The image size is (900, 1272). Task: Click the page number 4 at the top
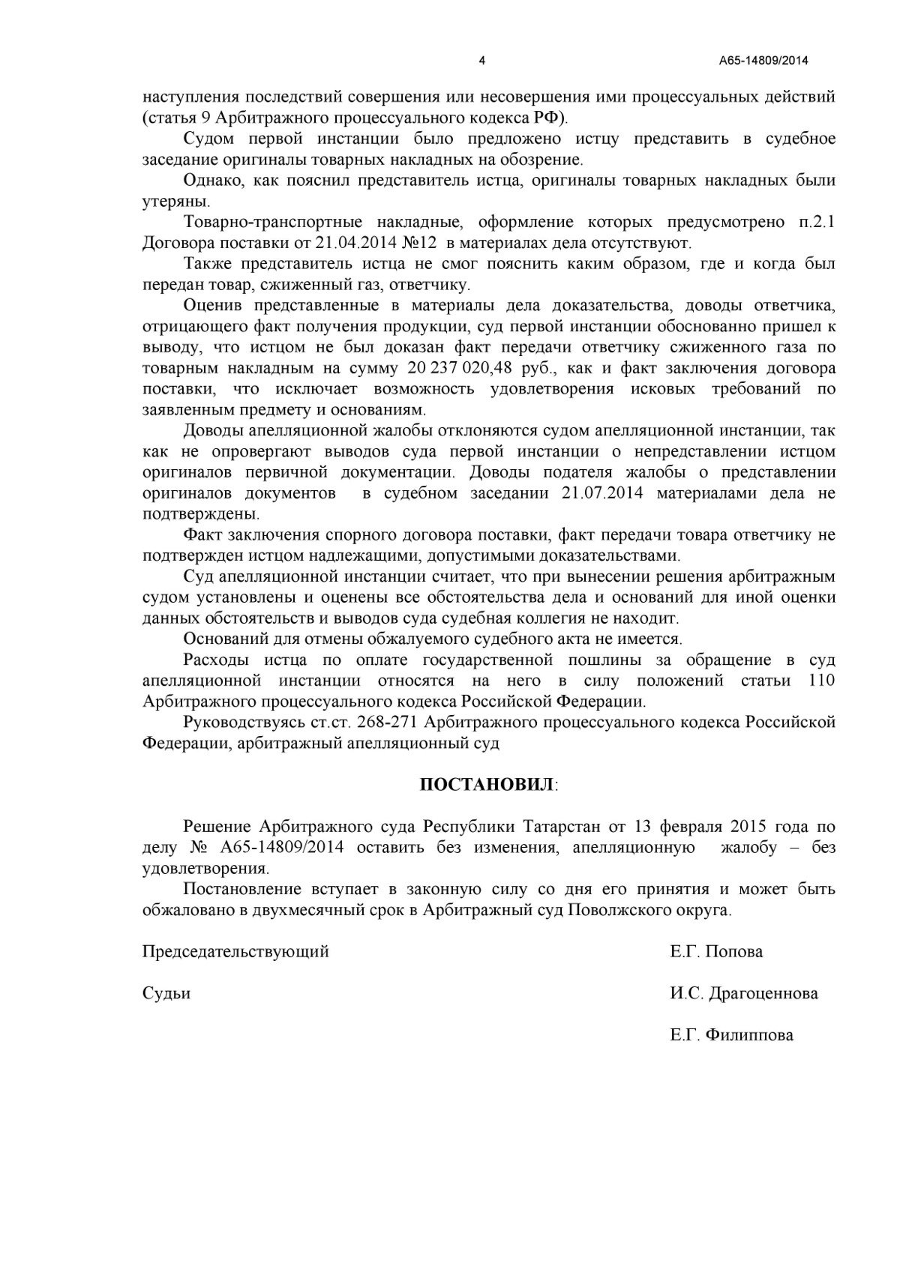pyautogui.click(x=481, y=61)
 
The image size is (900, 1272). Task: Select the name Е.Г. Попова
pyautogui.click(x=716, y=952)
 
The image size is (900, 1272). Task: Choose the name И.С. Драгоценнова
pyautogui.click(x=744, y=994)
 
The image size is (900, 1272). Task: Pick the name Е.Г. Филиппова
pyautogui.click(x=731, y=1036)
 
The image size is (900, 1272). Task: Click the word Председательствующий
pyautogui.click(x=235, y=952)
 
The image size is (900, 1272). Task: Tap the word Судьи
pyautogui.click(x=166, y=994)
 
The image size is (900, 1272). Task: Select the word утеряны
pyautogui.click(x=176, y=202)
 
